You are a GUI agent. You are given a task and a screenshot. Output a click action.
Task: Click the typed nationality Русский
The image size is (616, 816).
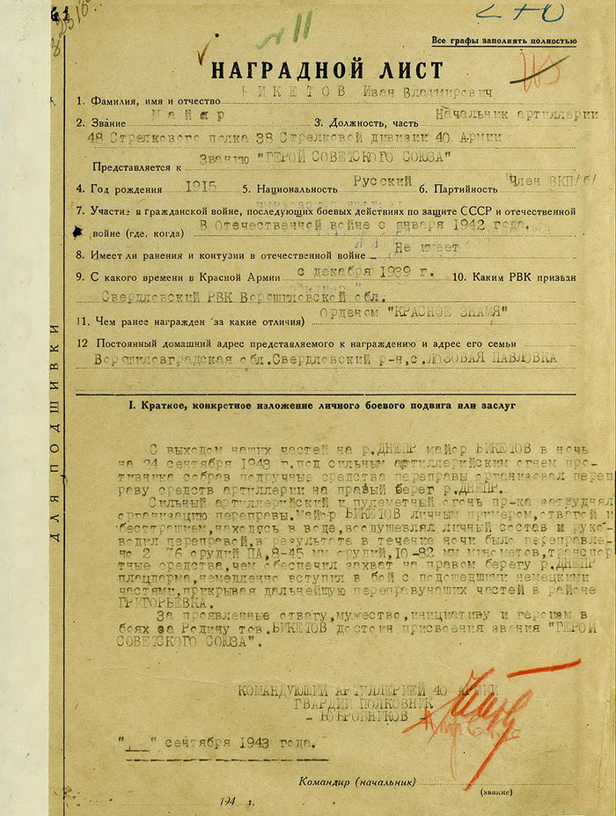tap(382, 180)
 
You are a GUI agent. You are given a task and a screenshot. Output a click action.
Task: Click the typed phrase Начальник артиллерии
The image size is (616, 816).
tap(517, 114)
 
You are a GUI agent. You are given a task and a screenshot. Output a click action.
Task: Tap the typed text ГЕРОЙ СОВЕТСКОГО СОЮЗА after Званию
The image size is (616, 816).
tap(350, 158)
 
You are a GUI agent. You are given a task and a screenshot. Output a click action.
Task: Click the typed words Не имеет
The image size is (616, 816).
tap(427, 247)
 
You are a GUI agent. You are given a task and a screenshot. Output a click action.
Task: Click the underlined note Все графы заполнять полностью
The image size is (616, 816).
tap(504, 40)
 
